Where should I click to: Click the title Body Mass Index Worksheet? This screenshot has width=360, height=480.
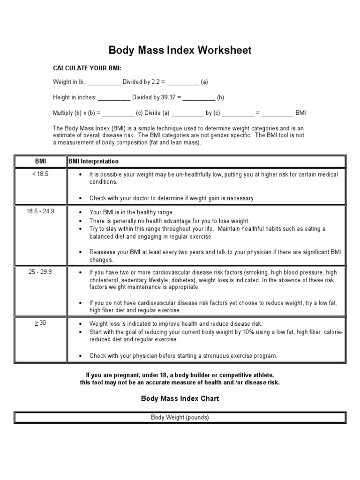point(180,50)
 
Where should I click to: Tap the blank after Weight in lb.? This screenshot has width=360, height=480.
point(105,82)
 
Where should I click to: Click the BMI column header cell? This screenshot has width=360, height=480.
point(41,161)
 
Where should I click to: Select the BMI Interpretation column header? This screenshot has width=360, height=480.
point(94,161)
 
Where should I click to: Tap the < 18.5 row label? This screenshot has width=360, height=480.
point(41,174)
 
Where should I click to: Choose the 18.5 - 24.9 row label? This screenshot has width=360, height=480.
point(41,211)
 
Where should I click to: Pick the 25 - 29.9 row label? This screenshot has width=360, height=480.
point(41,272)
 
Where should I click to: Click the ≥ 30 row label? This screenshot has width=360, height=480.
point(41,323)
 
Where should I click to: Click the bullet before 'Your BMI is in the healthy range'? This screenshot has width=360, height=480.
point(81,212)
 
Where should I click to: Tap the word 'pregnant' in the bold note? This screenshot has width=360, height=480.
point(123,375)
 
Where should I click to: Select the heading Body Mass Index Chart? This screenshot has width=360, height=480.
point(180,398)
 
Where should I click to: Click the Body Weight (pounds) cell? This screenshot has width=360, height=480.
point(180,417)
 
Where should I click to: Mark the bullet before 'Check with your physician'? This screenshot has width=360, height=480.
point(81,356)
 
